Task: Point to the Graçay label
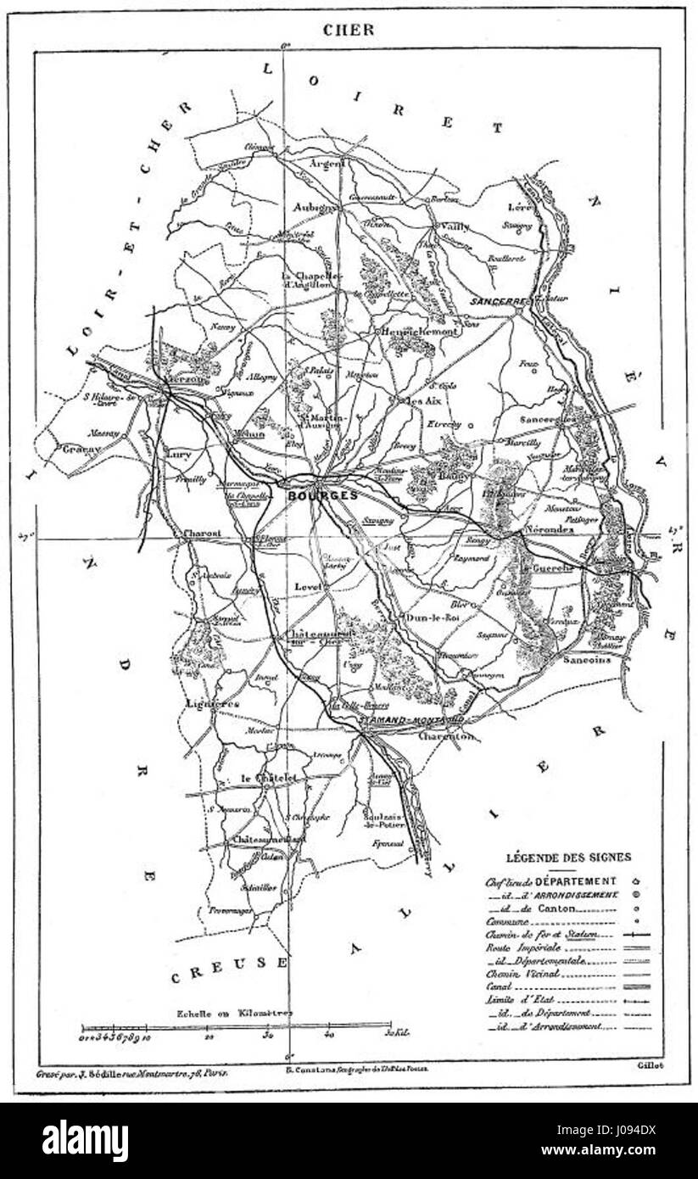click(x=81, y=449)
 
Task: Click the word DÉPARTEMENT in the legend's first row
click(x=581, y=881)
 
